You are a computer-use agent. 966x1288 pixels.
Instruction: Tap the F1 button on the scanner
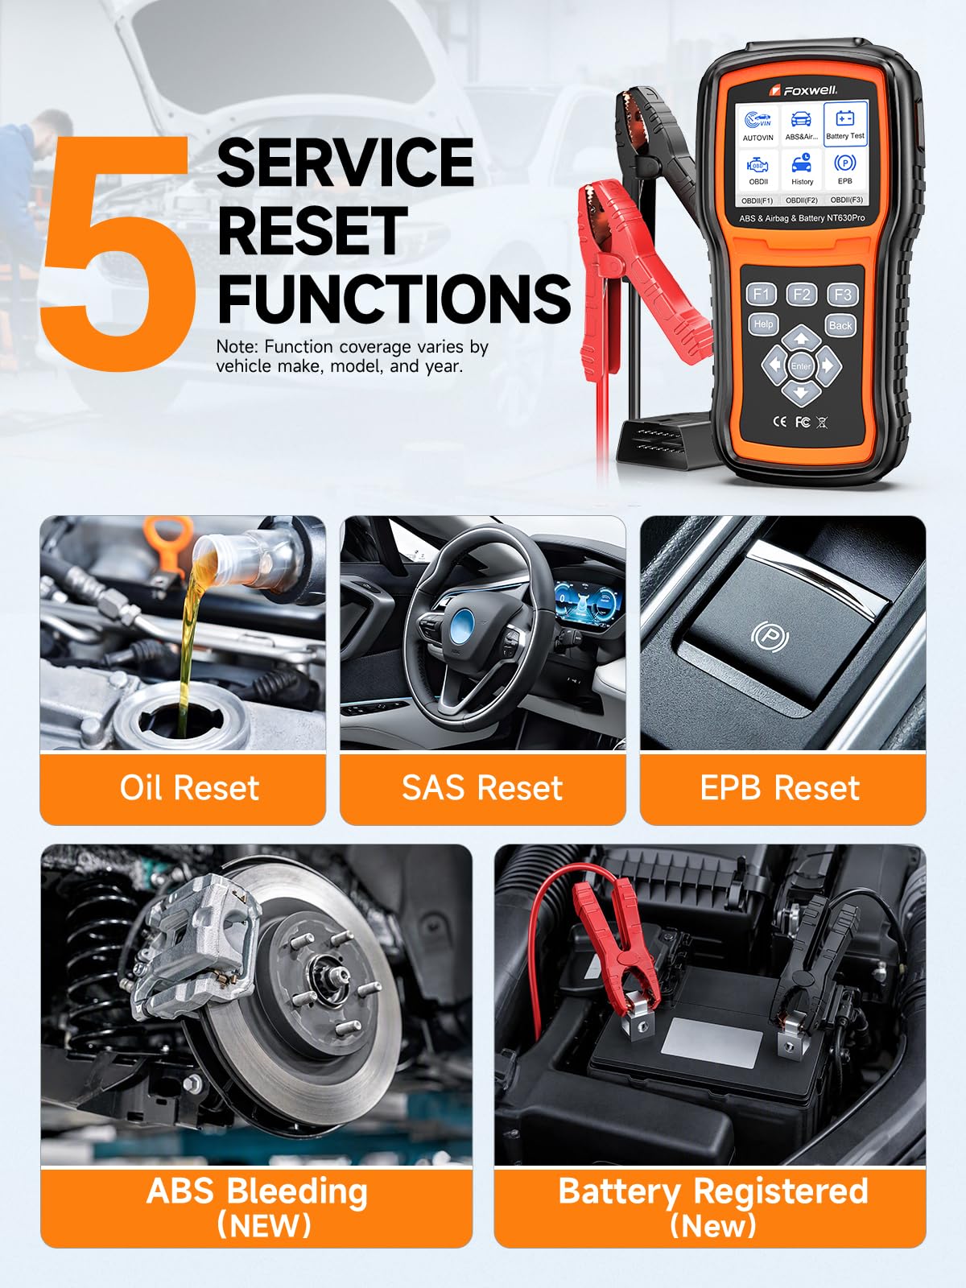tap(762, 294)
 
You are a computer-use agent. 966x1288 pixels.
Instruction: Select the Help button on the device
tap(763, 324)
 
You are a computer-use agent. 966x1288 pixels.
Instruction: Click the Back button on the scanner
tap(840, 326)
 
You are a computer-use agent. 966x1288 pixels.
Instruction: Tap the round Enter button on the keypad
tap(801, 366)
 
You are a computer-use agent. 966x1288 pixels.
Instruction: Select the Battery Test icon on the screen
tap(845, 124)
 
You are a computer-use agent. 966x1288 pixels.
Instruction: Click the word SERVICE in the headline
tap(345, 163)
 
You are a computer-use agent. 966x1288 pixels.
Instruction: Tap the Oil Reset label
tap(189, 787)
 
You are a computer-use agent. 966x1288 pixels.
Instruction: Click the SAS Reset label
tap(482, 787)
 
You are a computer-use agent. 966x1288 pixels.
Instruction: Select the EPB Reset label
tap(780, 787)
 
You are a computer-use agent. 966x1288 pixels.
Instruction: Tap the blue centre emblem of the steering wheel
tap(464, 622)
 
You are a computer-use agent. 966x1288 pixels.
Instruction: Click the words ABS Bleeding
tap(257, 1191)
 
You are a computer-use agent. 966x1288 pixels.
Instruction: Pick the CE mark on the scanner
tap(780, 421)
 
